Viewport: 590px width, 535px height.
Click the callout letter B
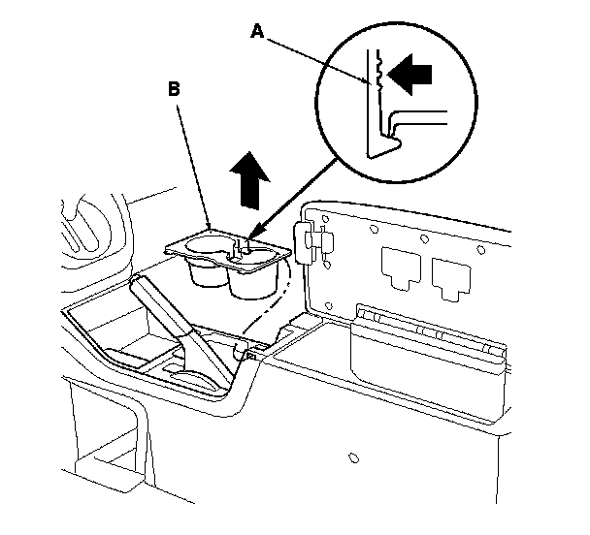[175, 89]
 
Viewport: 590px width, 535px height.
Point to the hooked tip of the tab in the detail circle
[384, 148]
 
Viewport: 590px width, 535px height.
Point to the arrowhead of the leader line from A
[373, 85]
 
